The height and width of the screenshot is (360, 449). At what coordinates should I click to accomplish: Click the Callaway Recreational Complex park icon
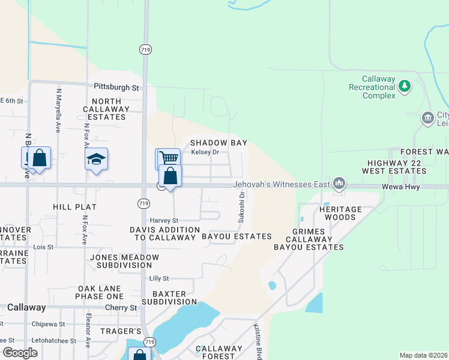point(405,86)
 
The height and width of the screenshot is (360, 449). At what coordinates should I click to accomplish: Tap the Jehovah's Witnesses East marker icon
point(339,182)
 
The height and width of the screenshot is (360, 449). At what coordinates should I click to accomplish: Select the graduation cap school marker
point(96,160)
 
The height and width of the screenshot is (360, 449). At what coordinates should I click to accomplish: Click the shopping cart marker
point(169,157)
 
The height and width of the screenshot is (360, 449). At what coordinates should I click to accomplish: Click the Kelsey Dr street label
point(205,152)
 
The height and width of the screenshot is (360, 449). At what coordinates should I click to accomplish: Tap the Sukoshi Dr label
point(241,207)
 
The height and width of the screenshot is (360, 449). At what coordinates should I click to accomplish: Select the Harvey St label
point(161,220)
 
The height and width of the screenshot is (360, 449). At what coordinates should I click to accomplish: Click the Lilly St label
point(159,278)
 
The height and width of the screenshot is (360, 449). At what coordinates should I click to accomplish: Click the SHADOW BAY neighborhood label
point(218,143)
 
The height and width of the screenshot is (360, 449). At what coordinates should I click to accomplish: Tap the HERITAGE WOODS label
point(340,213)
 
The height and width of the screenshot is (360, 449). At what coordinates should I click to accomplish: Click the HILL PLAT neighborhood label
point(75,206)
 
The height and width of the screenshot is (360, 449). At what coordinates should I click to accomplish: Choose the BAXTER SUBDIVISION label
point(169,298)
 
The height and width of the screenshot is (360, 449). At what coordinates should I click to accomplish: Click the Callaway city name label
point(26,307)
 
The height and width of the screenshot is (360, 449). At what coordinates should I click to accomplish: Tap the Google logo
point(20,353)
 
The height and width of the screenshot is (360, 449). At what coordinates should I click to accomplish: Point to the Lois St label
point(43,247)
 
